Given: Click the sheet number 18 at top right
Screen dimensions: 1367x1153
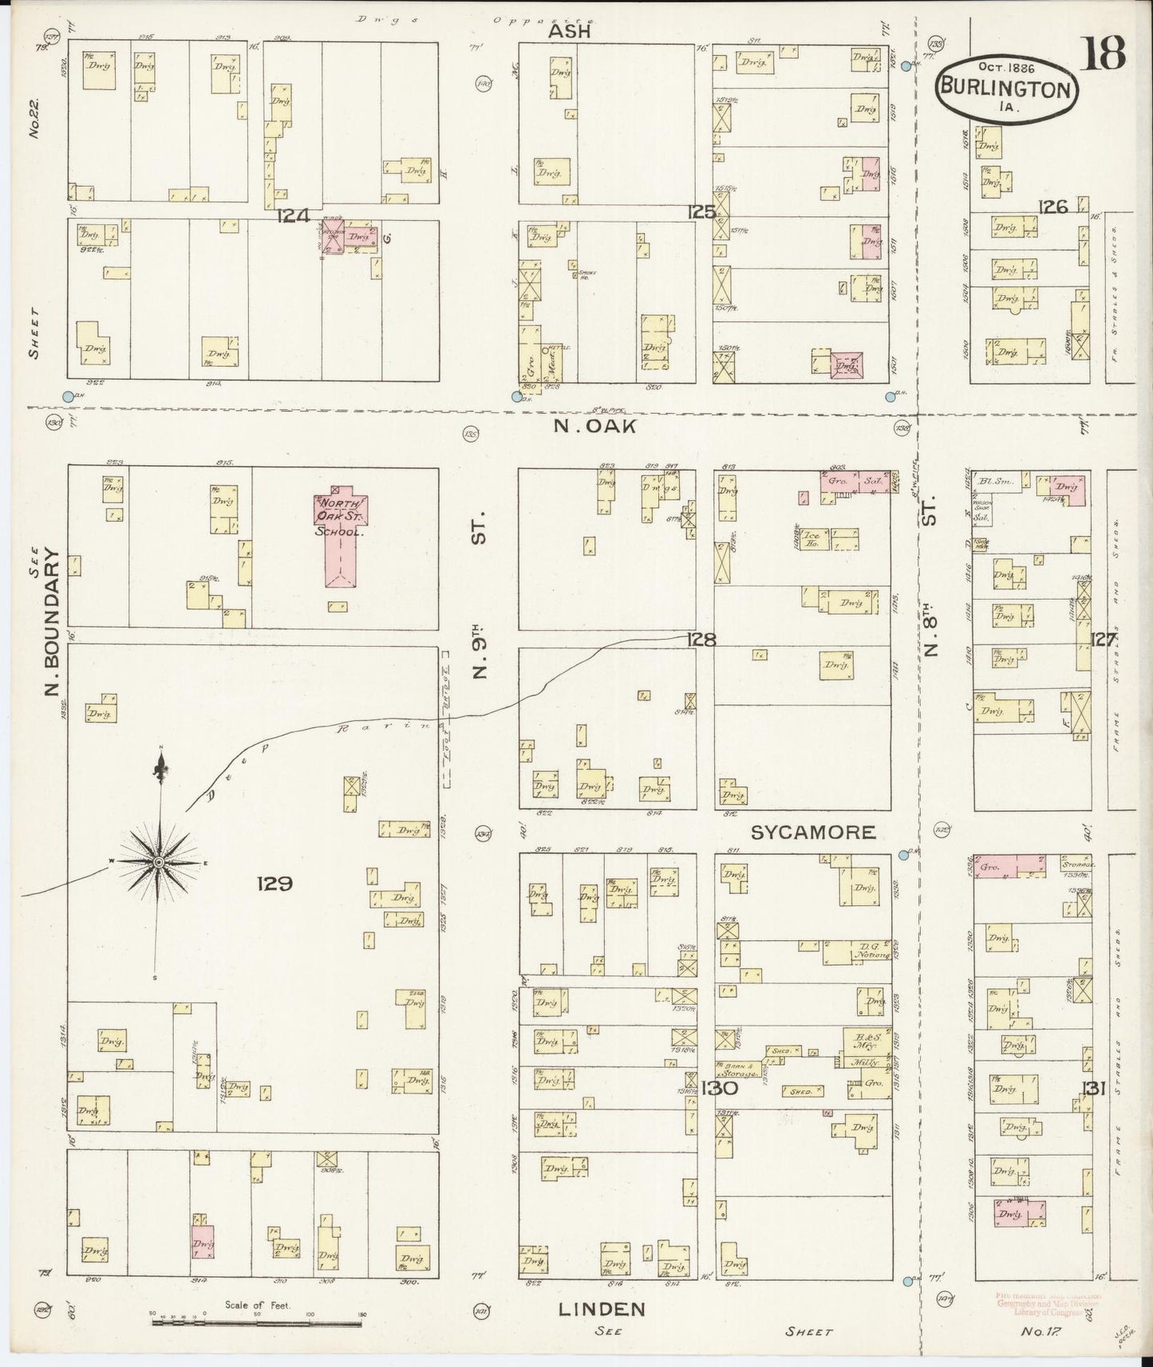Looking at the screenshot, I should tap(1104, 53).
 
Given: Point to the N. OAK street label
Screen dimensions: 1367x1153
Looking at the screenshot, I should tap(595, 427).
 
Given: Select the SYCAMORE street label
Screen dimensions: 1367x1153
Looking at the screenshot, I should tap(812, 833).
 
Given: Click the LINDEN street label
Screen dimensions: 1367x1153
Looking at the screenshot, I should tap(602, 1309).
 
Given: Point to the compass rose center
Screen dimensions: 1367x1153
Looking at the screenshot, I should tap(159, 863).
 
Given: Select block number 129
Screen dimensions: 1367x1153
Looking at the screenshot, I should tap(275, 883).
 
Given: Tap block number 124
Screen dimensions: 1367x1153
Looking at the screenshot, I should tap(293, 215).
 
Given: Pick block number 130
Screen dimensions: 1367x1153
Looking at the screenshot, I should tap(720, 1087).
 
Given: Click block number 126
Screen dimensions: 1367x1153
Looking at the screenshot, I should tap(1052, 207).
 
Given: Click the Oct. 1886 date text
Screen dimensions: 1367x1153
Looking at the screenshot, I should tap(996, 68).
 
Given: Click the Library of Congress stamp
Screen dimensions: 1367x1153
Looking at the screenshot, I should tap(1048, 1305).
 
